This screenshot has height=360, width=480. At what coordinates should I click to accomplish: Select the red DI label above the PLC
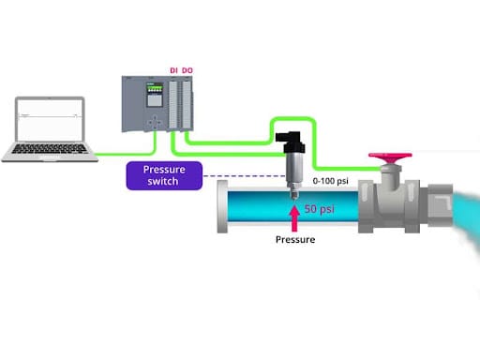(x=173, y=70)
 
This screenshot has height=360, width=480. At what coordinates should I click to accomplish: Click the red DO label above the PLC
(x=187, y=70)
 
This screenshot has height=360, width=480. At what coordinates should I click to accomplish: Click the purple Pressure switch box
(x=164, y=175)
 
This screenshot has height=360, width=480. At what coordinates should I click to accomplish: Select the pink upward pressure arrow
(x=295, y=217)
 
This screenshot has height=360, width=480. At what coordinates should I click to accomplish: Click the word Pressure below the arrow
(x=296, y=240)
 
